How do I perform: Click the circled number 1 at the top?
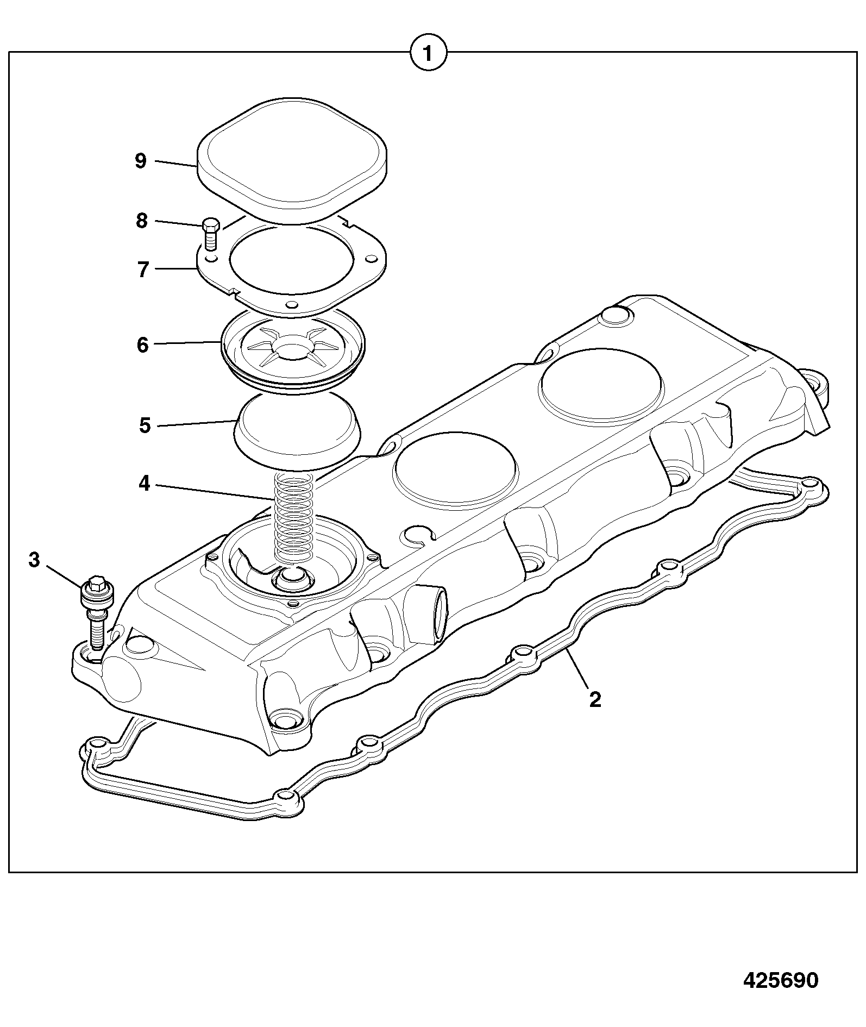(428, 53)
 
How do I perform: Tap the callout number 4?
(144, 483)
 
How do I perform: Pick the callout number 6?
(142, 345)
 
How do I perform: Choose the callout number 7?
(143, 270)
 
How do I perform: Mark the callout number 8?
(142, 221)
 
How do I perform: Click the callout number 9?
(141, 161)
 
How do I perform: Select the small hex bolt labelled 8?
(211, 234)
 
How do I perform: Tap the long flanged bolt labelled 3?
(98, 612)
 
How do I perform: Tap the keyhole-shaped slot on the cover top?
(420, 534)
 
